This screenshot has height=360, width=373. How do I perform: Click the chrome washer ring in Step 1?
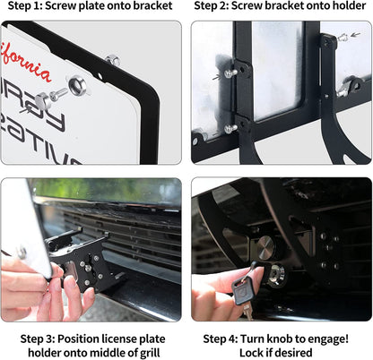tap(77, 86)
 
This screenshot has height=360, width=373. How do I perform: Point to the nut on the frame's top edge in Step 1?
tap(112, 61)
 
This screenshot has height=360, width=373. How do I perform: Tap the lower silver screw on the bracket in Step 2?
tap(230, 128)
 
